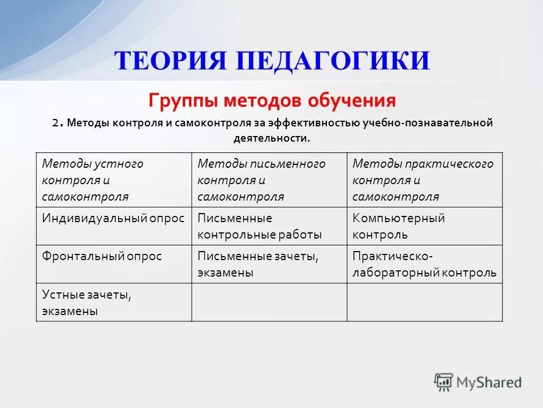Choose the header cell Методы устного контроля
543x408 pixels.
(114, 180)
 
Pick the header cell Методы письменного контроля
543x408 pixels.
(269, 180)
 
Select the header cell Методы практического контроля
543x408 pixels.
(424, 180)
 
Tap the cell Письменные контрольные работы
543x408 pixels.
(269, 226)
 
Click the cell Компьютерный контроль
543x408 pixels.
(424, 226)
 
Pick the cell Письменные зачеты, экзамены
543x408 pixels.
(269, 264)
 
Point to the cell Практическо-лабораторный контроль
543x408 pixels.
(424, 264)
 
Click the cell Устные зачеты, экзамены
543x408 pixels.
(114, 303)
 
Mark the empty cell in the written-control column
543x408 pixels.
(269, 303)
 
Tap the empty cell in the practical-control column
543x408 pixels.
(424, 303)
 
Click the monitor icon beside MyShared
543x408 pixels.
(443, 382)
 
